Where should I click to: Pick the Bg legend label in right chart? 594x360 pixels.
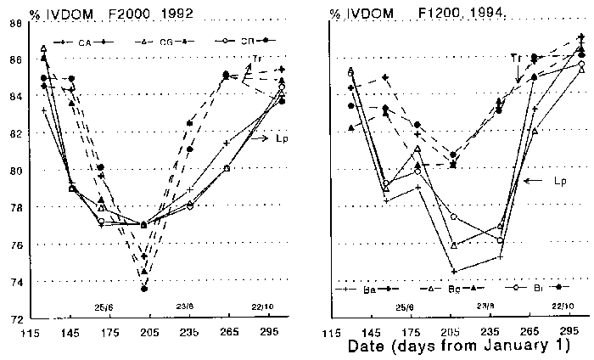(x=455, y=289)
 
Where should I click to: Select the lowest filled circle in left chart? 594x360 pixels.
(x=144, y=289)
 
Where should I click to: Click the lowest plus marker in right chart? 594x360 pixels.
(x=455, y=271)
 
